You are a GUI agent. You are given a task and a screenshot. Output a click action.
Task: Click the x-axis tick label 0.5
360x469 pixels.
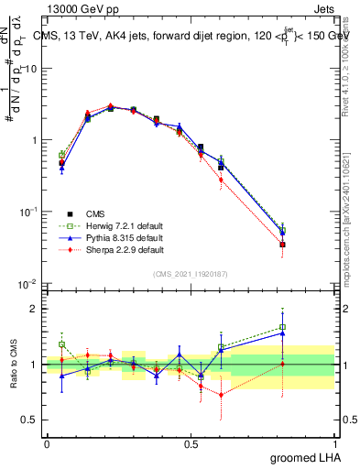[191, 442]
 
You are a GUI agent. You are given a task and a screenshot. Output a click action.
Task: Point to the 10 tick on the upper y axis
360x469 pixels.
[35, 69]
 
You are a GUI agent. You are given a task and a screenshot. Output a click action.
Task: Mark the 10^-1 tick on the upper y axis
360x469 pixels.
[33, 212]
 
